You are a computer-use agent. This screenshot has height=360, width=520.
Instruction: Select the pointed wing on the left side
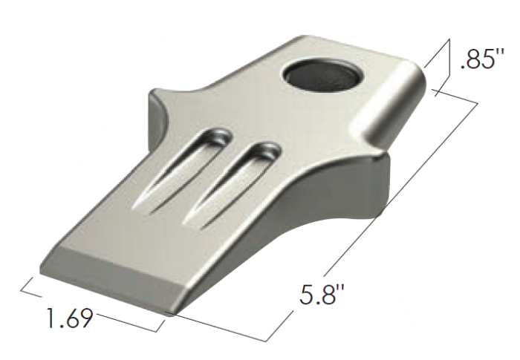[158, 111]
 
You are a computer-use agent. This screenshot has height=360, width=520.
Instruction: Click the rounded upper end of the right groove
[264, 151]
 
